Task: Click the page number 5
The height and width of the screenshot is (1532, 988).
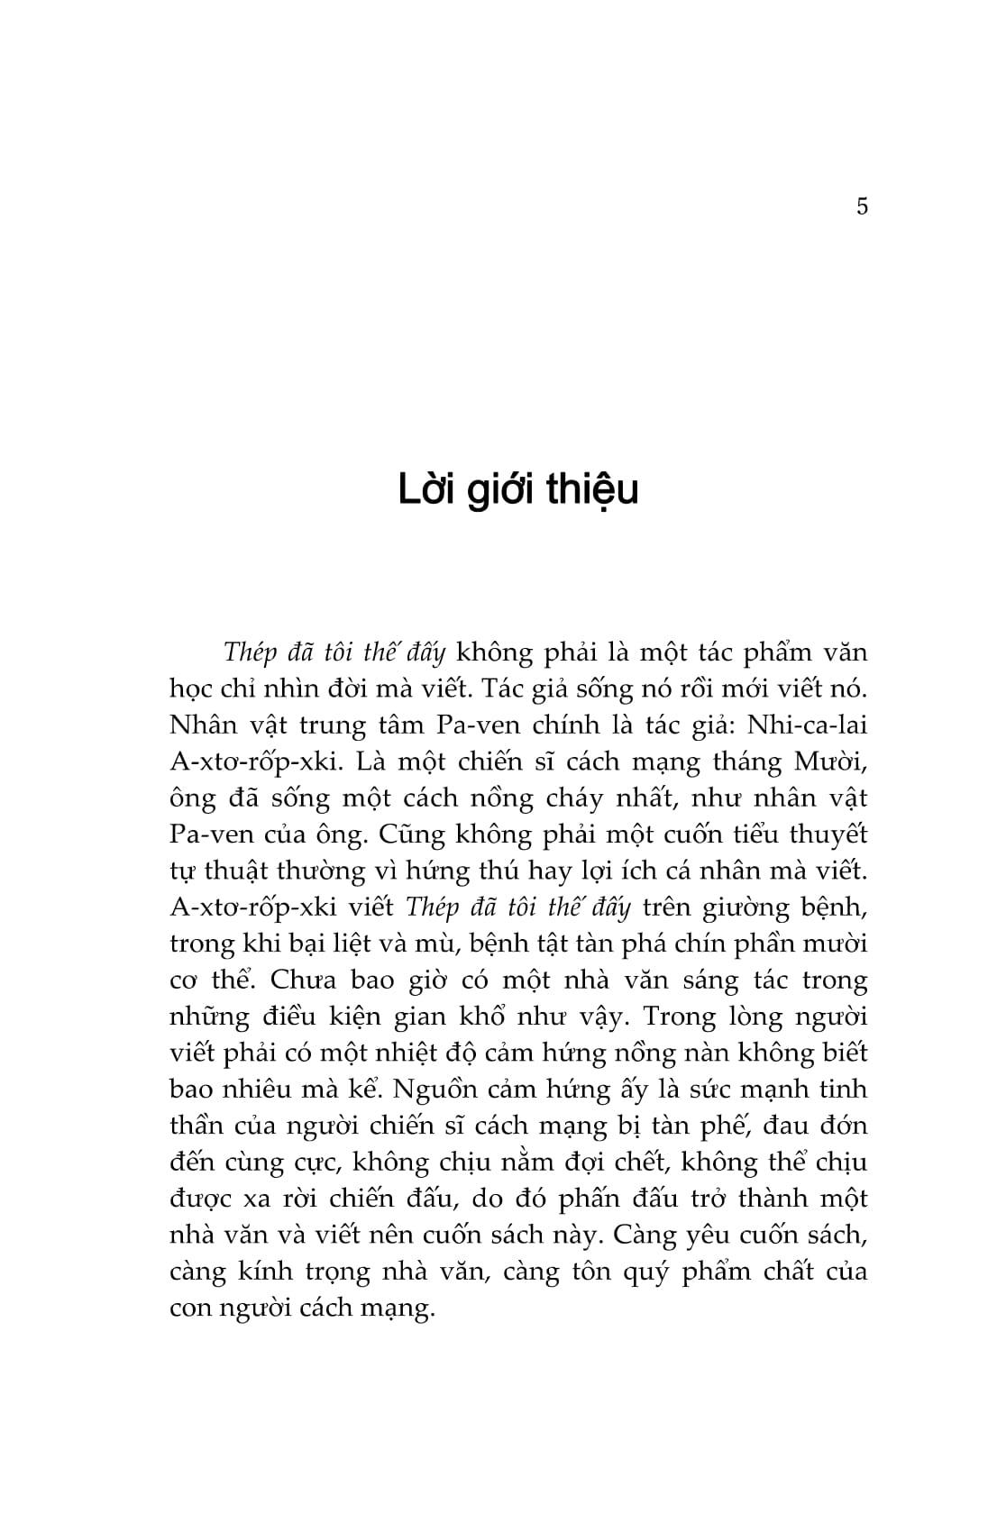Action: click(x=862, y=206)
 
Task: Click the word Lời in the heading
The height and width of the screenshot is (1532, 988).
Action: click(x=424, y=489)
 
